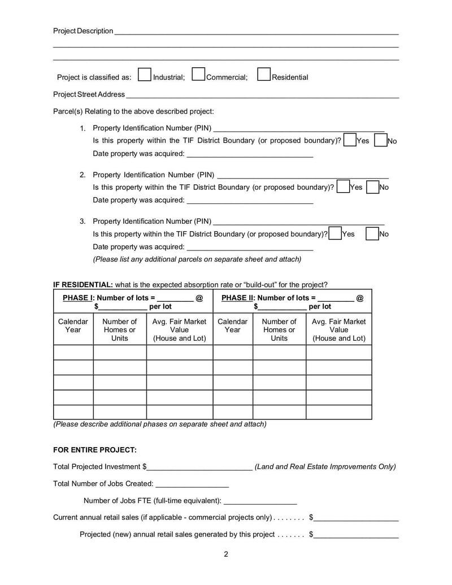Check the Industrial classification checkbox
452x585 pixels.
coord(144,75)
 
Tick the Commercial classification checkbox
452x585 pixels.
coord(198,75)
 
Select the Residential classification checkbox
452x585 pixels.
coord(263,75)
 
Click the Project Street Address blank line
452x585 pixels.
coord(263,95)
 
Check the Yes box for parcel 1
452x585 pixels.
coord(349,140)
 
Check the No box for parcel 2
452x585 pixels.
coord(372,187)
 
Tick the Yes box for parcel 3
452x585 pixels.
coord(334,233)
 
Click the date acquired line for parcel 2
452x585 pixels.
coord(250,201)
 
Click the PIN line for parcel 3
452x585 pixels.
coord(299,222)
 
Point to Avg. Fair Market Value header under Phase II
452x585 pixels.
coord(338,330)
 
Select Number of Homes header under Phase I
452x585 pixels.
coord(119,330)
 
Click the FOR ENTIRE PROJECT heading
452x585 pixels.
coord(95,450)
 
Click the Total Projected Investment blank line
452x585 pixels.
coord(200,467)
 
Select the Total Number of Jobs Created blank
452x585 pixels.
coord(192,484)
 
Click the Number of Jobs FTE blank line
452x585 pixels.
coord(260,501)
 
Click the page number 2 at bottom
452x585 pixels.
coord(226,554)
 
